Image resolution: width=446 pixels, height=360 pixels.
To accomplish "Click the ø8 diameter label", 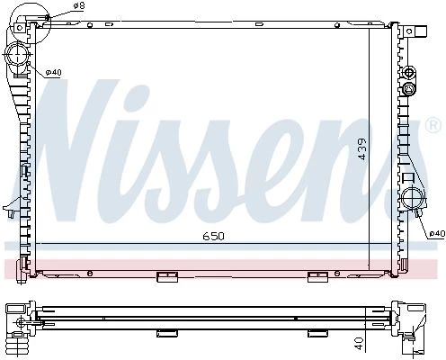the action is [78, 6].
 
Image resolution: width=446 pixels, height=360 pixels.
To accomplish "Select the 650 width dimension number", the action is [214, 237].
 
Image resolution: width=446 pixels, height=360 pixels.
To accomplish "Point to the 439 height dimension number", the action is [362, 148].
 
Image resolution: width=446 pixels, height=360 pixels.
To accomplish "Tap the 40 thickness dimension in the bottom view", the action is [359, 344].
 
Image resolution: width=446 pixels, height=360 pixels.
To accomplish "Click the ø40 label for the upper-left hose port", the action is [53, 72].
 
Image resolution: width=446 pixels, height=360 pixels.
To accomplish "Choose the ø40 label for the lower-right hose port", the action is [437, 233].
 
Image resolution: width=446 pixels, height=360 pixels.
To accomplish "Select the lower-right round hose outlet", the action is [413, 198].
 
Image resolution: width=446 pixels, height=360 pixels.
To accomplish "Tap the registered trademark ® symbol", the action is [433, 125].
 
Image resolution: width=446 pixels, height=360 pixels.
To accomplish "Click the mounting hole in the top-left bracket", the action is [20, 28].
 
